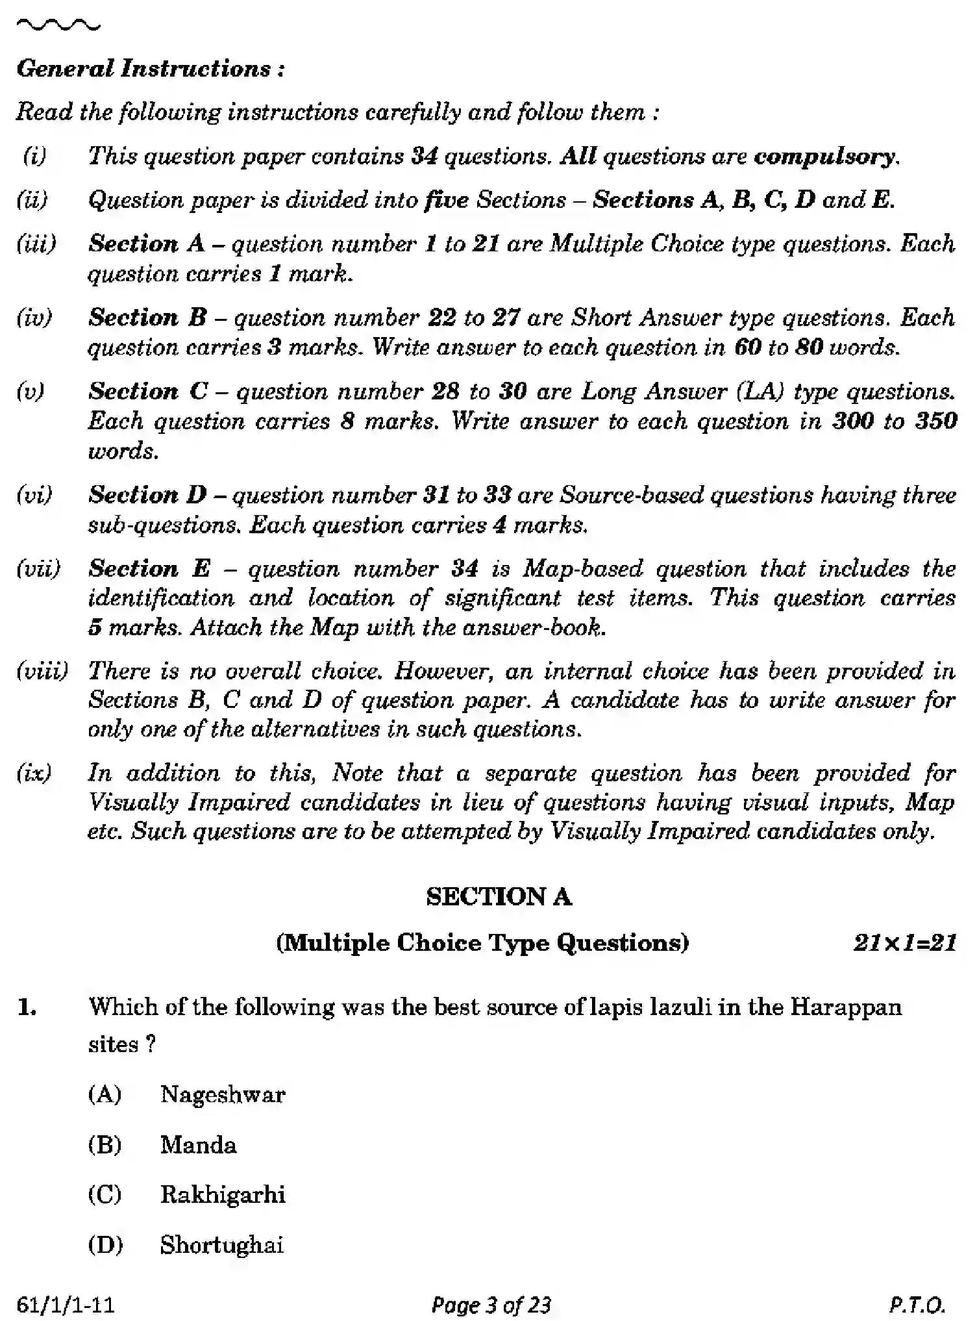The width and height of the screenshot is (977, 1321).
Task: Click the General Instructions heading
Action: coord(150,69)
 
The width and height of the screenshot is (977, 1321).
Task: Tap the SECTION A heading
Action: coord(499,897)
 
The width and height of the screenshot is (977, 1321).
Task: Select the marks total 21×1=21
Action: coord(904,942)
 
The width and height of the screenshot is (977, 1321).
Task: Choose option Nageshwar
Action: coord(223,1094)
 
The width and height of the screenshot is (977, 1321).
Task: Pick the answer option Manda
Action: coord(198,1144)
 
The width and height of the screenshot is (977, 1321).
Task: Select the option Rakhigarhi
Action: coord(223,1194)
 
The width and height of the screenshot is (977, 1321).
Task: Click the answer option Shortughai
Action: coord(221,1244)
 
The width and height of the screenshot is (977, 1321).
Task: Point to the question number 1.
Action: coord(28,1007)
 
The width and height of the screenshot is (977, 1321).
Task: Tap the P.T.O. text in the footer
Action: coord(917,1304)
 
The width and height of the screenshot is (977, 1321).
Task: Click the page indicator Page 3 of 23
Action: coord(491,1304)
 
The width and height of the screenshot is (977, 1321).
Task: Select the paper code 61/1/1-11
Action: coord(66,1304)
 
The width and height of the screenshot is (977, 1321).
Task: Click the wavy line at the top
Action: coord(58,25)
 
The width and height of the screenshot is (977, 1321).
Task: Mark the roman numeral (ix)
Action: coord(34,773)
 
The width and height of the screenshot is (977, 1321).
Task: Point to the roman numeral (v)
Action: coord(31,391)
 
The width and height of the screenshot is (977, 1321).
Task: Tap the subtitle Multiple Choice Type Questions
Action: coord(482,942)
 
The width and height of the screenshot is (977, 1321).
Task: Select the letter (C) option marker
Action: coord(105,1194)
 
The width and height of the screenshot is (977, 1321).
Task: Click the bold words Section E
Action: coord(149,568)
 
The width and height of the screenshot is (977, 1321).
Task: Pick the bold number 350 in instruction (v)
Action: coord(935,421)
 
